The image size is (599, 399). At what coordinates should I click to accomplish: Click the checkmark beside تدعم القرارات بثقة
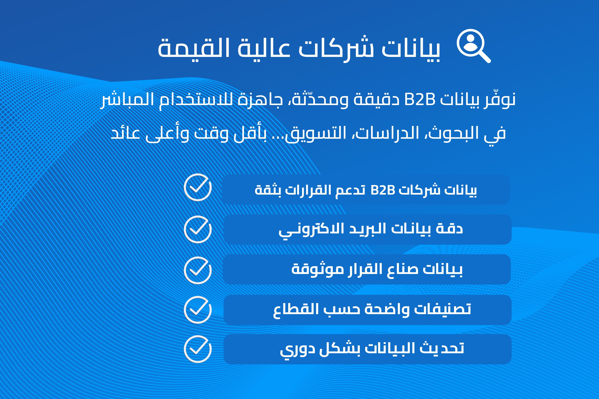click(x=198, y=187)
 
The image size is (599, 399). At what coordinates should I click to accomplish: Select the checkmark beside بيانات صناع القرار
click(x=198, y=270)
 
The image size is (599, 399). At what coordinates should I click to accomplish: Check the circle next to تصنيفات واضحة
click(x=198, y=310)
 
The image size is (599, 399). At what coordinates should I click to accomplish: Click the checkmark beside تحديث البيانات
click(x=198, y=349)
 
